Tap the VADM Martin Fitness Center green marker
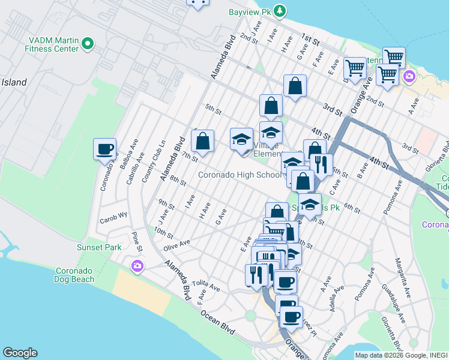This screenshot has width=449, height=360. (88, 43)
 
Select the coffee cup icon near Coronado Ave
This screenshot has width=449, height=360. (105, 149)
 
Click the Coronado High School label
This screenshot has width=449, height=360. (240, 175)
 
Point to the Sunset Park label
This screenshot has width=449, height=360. (99, 247)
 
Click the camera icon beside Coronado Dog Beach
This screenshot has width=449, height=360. (138, 266)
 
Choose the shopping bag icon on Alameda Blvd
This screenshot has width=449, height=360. (203, 142)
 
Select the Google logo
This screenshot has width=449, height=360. (20, 353)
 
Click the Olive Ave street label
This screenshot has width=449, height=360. (176, 243)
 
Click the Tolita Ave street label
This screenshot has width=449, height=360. (207, 286)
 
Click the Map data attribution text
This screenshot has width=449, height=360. (401, 355)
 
